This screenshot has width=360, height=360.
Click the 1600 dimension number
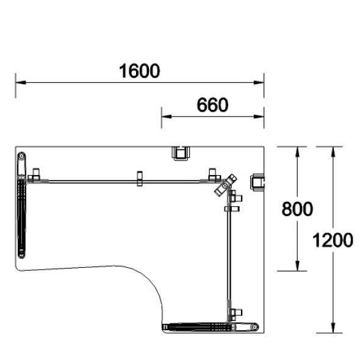tap(139, 71)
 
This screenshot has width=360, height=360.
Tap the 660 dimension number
tap(212, 105)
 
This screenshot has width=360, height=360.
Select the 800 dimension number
tap(297, 209)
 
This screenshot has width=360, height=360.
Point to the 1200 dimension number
tap(333, 240)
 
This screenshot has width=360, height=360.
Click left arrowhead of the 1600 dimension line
tap(21, 82)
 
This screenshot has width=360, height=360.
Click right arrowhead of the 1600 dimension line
tap(259, 82)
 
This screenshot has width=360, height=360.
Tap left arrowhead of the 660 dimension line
tap(167, 117)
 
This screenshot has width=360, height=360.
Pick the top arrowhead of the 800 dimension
tap(297, 152)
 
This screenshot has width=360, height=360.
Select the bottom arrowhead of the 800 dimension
tap(297, 265)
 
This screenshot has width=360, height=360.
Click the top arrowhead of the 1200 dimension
tap(333, 152)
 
